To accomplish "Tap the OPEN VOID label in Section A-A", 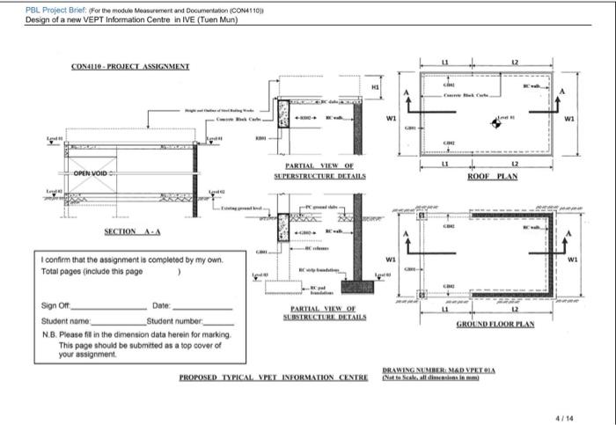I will [x=90, y=173].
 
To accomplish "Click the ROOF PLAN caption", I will [x=493, y=176].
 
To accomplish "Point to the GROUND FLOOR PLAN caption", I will [x=495, y=325].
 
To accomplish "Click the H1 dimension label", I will [x=375, y=86].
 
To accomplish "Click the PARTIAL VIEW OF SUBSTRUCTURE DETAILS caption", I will [x=322, y=312].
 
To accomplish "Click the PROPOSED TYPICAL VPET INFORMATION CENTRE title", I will [x=273, y=377].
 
